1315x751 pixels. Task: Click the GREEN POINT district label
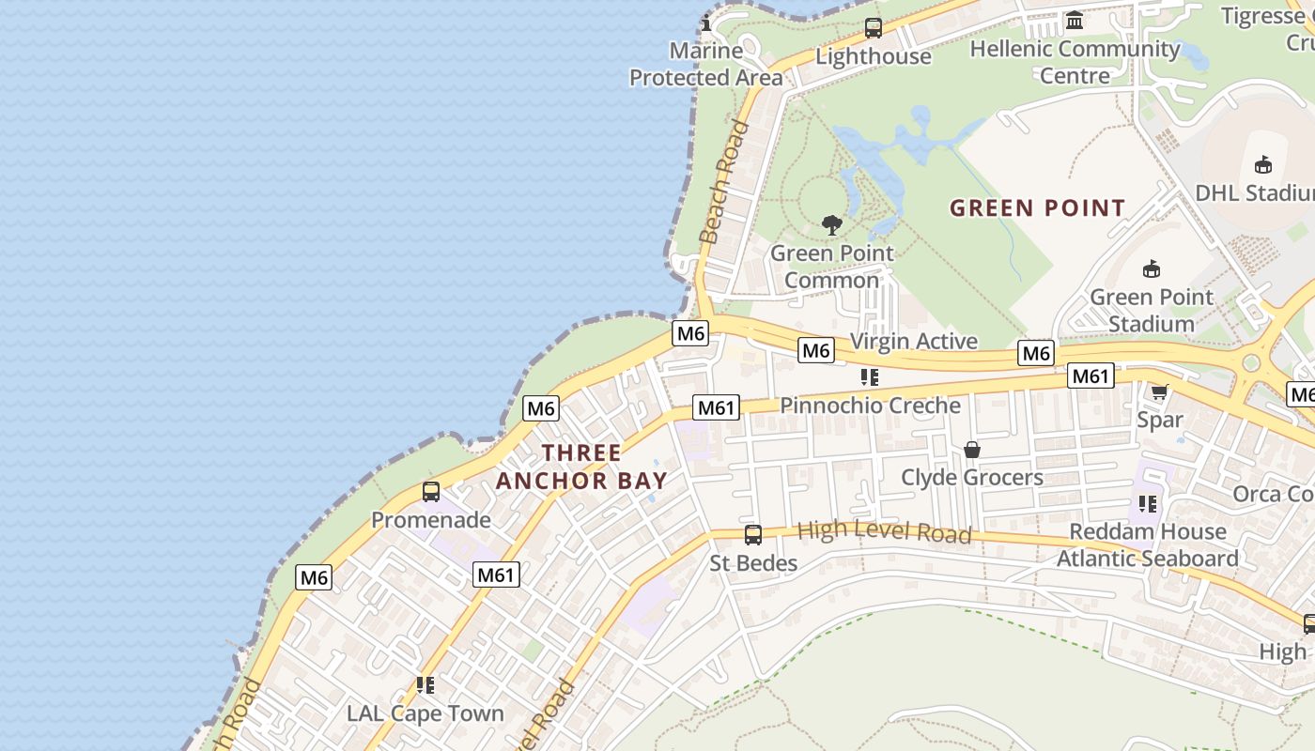point(1037,207)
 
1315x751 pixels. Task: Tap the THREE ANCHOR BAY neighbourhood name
point(581,467)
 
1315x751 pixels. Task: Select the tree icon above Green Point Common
point(831,224)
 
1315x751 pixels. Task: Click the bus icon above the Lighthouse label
point(874,28)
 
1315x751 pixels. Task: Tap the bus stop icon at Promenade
point(431,491)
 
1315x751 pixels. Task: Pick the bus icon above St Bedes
point(753,535)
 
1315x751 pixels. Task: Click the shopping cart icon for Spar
point(1159,391)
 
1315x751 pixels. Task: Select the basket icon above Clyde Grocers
point(972,450)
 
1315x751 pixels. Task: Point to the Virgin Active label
point(914,341)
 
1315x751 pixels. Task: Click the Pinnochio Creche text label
point(871,406)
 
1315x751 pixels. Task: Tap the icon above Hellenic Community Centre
point(1075,20)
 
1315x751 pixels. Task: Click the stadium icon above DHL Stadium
point(1263,164)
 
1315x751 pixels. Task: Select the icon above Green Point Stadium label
point(1152,269)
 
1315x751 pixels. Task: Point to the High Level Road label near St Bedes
point(883,532)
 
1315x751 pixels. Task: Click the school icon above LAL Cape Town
point(425,686)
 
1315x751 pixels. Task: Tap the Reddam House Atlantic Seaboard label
point(1148,544)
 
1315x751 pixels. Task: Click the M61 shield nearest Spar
point(1091,376)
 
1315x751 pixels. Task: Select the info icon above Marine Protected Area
point(707,23)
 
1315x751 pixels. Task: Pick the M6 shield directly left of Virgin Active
point(816,350)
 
